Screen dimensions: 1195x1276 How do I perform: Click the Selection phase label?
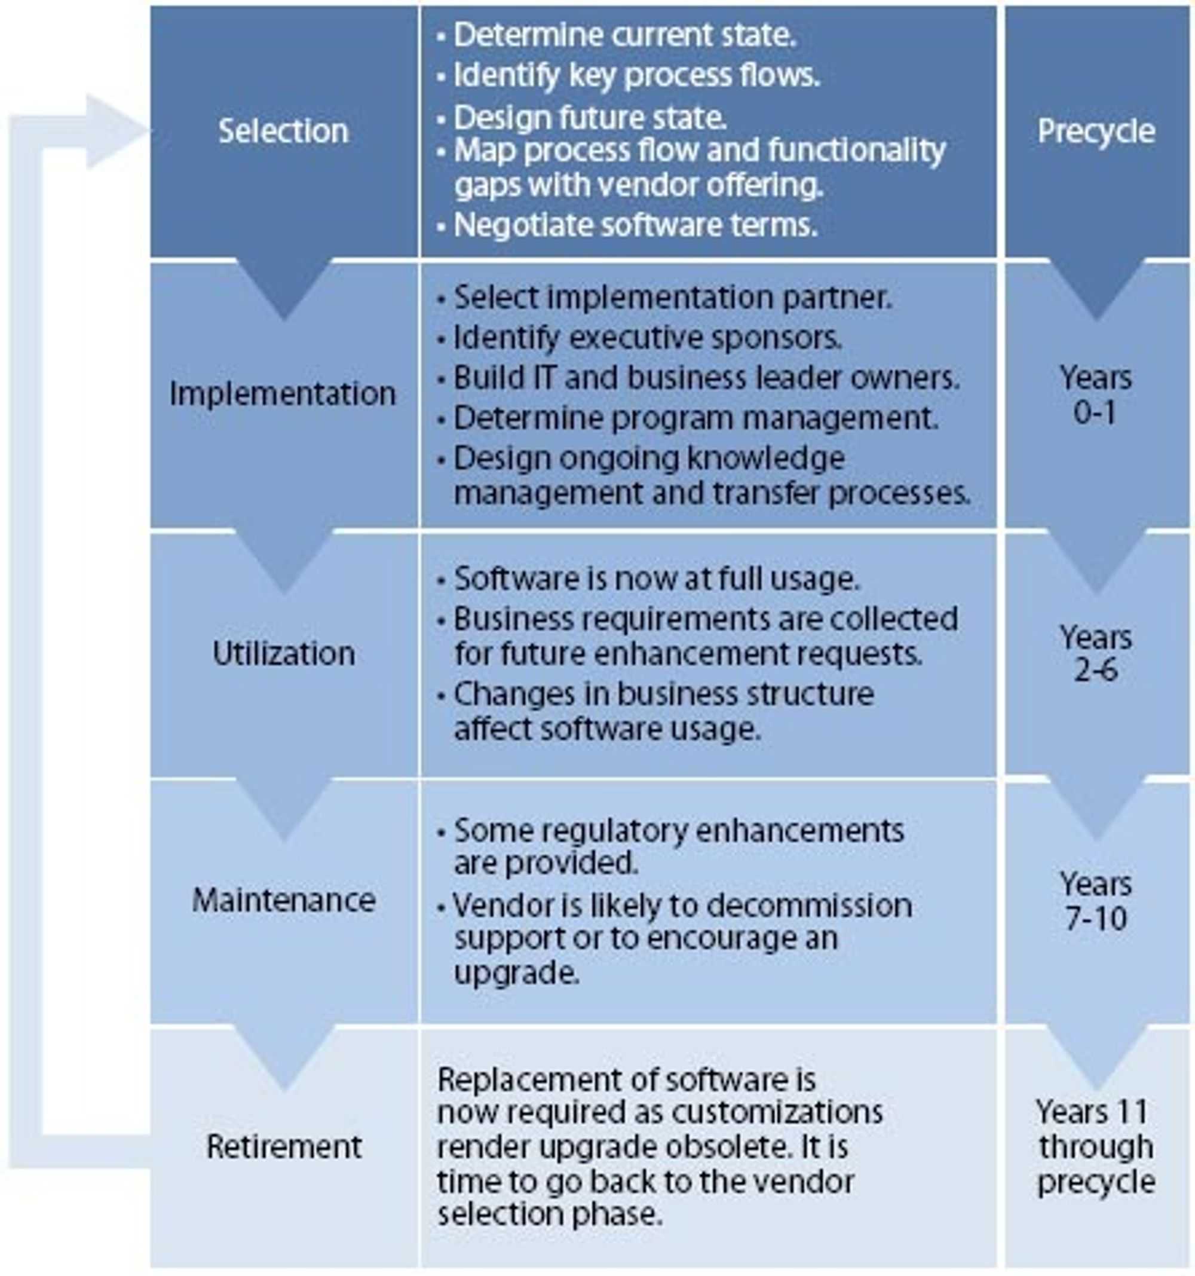tap(284, 131)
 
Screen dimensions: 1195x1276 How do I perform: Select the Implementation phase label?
tap(283, 393)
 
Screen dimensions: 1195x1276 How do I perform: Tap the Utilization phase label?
tap(284, 653)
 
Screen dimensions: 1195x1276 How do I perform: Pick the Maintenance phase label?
tap(284, 901)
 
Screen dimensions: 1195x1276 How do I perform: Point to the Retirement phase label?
tap(284, 1147)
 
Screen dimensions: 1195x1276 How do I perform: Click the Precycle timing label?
tap(1096, 131)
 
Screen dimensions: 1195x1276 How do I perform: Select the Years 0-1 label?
tap(1096, 394)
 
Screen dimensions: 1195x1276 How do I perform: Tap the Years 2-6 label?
tap(1096, 653)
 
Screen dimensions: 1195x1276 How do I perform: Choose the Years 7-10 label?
tap(1096, 901)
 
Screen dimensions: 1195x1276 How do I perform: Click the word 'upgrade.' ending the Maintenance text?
tap(517, 974)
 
